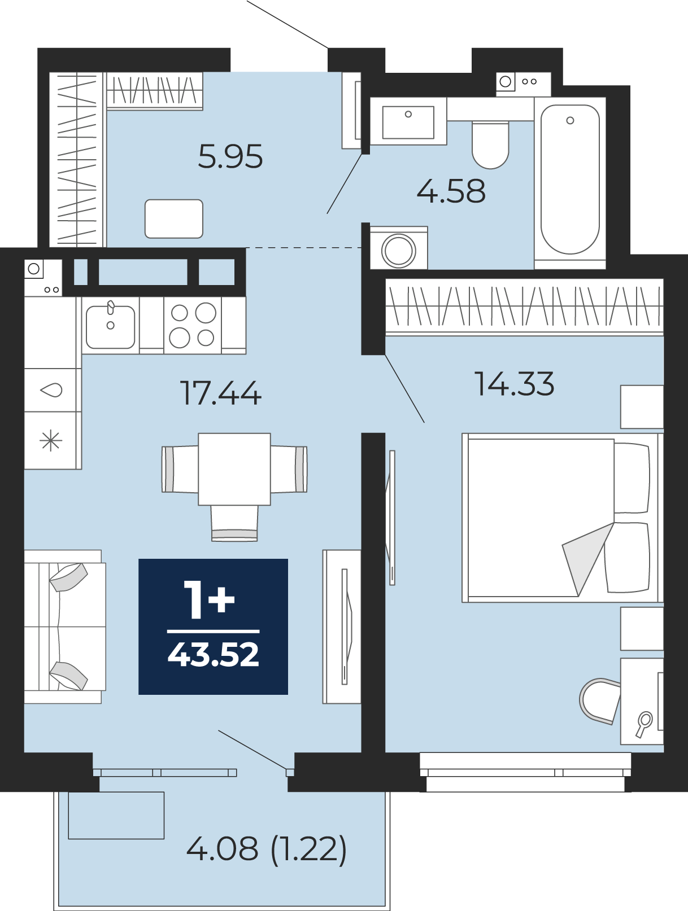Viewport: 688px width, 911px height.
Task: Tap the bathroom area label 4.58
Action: point(451,191)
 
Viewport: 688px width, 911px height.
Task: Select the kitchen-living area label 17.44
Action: point(220,393)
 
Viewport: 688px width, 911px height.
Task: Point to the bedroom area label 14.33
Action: point(514,383)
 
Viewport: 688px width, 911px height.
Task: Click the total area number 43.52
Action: point(214,654)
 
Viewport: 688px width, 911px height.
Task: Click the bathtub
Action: point(570,179)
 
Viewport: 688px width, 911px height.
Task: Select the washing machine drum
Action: point(399,251)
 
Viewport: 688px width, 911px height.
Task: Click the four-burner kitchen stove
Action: point(193,325)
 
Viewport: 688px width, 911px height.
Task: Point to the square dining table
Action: point(234,469)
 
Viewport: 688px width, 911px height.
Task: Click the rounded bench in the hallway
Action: point(173,219)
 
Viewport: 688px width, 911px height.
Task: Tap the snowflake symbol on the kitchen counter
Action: point(51,441)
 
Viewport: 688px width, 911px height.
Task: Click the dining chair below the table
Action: point(234,523)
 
